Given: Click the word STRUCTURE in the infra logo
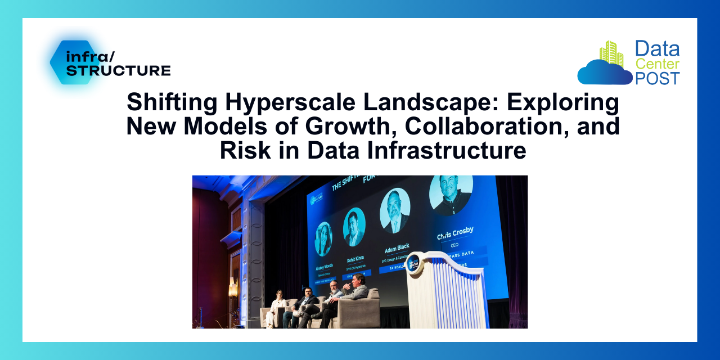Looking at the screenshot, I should click(119, 70).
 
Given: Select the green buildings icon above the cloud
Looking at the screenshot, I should click(611, 53).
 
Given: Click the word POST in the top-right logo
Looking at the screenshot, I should click(657, 78).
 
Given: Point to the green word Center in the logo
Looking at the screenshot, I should click(657, 64).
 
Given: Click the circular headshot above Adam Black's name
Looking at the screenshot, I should click(395, 211).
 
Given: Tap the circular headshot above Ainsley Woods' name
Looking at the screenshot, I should click(324, 238).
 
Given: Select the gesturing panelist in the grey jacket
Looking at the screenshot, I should click(355, 292).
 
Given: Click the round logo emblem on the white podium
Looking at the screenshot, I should click(415, 262).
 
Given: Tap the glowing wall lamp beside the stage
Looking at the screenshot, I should click(232, 287).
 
